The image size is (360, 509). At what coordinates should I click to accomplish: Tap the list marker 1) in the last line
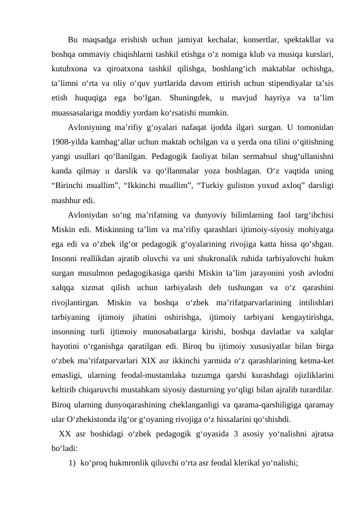click(72, 463)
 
